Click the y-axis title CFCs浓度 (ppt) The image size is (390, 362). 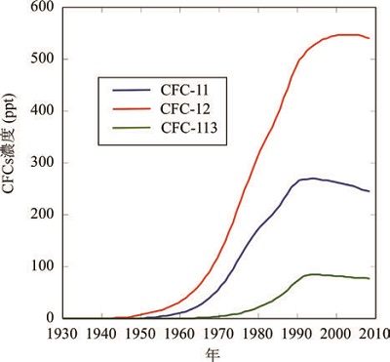[11, 162]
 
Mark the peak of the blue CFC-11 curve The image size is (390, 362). [312, 179]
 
